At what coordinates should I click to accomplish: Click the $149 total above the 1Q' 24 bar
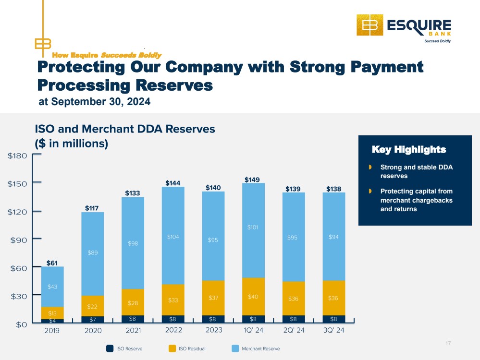[x=252, y=180]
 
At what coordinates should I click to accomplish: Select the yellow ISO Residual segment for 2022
[x=173, y=300]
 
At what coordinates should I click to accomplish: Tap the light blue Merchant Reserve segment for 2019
[x=52, y=287]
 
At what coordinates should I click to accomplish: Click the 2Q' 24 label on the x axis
[x=294, y=330]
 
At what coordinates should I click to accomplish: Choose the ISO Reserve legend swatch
[x=110, y=348]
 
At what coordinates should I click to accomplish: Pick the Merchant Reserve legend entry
[x=256, y=348]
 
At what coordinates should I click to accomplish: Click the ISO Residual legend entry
[x=187, y=348]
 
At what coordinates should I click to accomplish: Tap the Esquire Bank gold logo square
[x=370, y=25]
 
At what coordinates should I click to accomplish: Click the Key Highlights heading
[x=409, y=150]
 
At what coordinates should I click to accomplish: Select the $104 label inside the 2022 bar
[x=173, y=237]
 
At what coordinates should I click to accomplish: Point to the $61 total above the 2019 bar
[x=52, y=263]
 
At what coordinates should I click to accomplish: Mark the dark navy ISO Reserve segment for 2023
[x=213, y=319]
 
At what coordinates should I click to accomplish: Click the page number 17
[x=448, y=343]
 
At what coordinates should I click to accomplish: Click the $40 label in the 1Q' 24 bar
[x=253, y=297]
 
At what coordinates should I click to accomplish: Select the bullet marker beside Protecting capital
[x=370, y=191]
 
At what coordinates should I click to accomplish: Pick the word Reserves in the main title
[x=174, y=85]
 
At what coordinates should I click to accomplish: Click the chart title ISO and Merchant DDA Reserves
[x=125, y=129]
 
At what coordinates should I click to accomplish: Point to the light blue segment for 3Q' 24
[x=333, y=237]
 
